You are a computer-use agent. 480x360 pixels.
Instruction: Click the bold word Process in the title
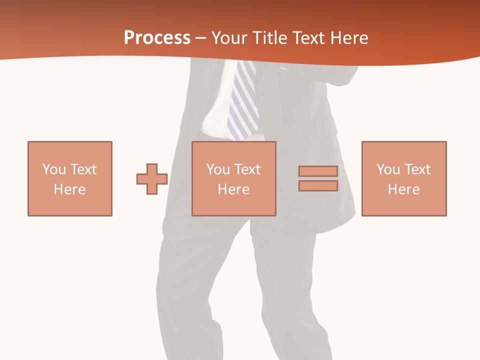click(157, 38)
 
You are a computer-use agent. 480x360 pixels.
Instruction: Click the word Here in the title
click(348, 38)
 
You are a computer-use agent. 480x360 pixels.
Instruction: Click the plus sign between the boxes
click(152, 179)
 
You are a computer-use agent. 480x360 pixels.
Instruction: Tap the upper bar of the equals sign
click(318, 171)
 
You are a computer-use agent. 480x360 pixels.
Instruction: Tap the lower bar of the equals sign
click(318, 186)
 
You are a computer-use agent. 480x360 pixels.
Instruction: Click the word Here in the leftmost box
click(70, 189)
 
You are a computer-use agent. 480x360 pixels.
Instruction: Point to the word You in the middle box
click(218, 169)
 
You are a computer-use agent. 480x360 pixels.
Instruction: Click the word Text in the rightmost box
click(417, 169)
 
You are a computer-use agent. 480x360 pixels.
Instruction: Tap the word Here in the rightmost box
click(404, 189)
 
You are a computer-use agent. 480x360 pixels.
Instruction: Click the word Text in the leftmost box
click(83, 169)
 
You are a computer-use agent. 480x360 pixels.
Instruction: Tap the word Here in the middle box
click(234, 189)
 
